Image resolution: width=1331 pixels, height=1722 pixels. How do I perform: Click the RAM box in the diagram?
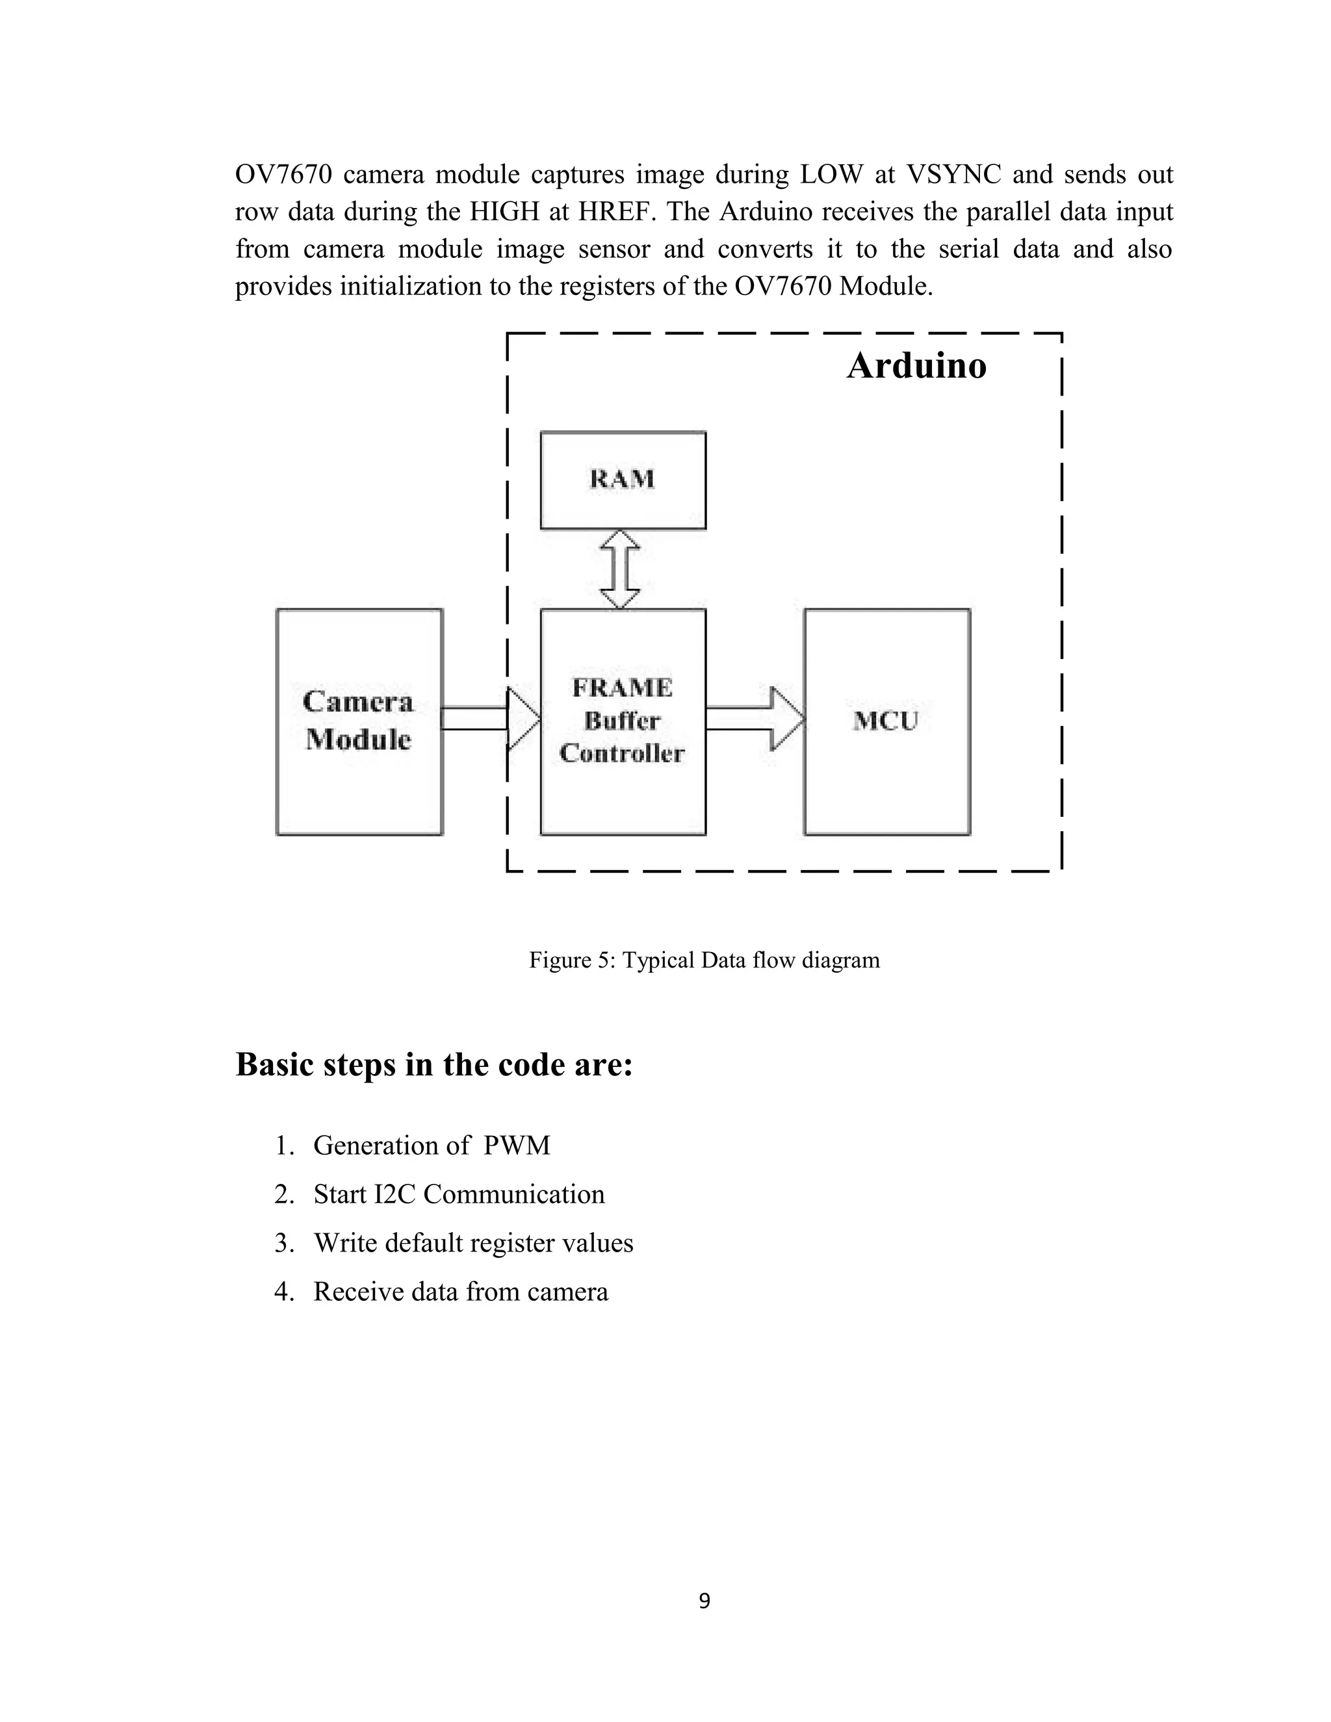click(x=622, y=480)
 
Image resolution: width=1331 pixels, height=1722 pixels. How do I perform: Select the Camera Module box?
click(x=359, y=721)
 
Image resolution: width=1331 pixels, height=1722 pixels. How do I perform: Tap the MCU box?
click(x=886, y=721)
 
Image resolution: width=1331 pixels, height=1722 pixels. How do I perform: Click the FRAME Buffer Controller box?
click(x=622, y=721)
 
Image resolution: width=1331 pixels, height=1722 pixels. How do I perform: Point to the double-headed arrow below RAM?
click(x=621, y=569)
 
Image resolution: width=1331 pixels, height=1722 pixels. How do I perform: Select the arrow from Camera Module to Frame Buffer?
click(x=489, y=718)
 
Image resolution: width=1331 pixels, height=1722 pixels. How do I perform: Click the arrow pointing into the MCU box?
click(x=755, y=718)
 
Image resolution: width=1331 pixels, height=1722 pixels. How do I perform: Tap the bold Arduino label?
click(x=916, y=366)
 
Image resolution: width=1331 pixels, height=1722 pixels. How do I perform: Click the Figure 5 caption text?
click(x=703, y=960)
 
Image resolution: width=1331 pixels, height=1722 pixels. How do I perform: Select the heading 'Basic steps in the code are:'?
click(x=435, y=1064)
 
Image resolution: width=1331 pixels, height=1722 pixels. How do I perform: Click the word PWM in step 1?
click(x=517, y=1145)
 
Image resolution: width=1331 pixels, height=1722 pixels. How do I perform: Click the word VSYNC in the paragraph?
click(x=953, y=174)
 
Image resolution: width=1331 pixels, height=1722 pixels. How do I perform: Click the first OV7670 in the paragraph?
click(x=283, y=174)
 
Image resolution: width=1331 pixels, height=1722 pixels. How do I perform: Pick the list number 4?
click(x=283, y=1292)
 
